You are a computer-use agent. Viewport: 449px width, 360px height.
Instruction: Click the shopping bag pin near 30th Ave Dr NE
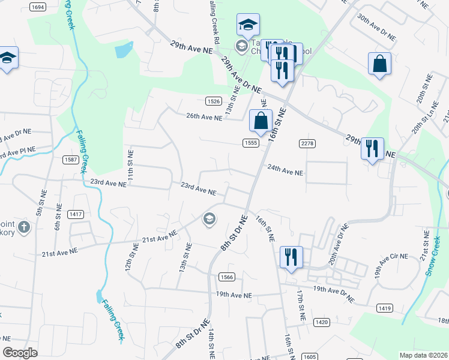379,64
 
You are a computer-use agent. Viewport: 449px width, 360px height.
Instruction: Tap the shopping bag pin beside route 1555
261,121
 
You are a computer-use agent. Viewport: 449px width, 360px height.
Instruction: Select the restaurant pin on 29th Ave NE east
372,148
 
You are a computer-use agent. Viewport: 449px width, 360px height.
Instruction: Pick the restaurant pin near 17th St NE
291,257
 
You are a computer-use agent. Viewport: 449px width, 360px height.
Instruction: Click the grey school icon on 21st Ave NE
209,219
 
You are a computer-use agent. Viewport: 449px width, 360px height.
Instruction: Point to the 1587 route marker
71,159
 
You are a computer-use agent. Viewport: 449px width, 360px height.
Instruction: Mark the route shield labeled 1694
37,7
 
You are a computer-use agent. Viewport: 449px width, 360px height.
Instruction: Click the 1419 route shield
385,308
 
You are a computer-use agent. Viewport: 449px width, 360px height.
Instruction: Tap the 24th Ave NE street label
285,171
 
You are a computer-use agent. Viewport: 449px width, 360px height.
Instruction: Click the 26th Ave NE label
204,118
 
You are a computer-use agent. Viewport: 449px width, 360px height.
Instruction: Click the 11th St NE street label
129,162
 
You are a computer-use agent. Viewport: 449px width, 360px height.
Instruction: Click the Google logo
20,353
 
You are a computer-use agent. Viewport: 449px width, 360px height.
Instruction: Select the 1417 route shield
76,214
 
